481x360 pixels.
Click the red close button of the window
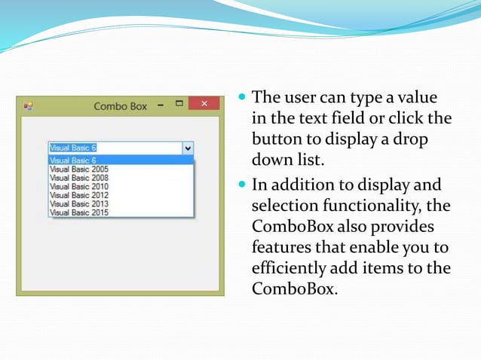tap(204, 105)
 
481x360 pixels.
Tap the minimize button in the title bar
tap(160, 105)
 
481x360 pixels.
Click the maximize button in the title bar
tap(179, 104)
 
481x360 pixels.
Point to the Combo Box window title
tap(120, 106)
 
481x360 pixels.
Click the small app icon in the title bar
tap(28, 106)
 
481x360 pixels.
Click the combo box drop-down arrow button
tap(188, 148)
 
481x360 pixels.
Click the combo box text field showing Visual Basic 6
tap(113, 148)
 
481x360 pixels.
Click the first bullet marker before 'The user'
tap(241, 98)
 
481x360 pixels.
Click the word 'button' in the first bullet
tap(274, 139)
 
